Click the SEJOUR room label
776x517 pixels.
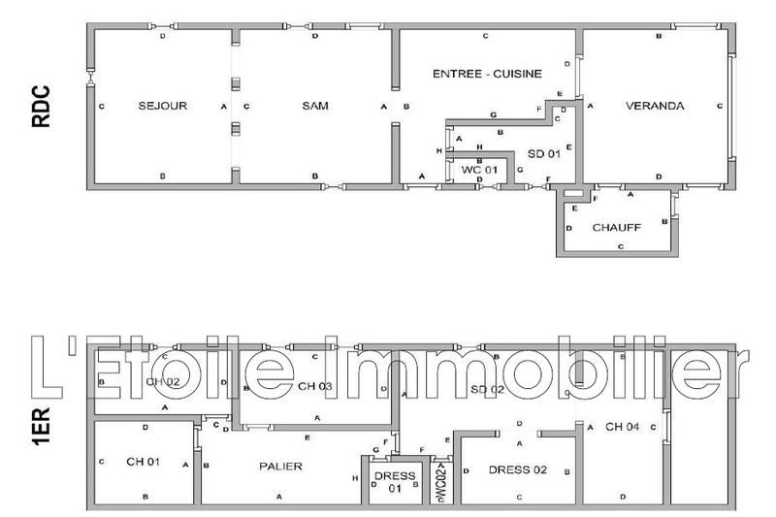(162, 106)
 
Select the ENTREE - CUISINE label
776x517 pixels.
(487, 74)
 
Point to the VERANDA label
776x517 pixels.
(655, 106)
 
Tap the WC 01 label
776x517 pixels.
(479, 170)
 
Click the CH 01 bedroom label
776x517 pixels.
(142, 462)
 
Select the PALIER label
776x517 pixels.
(281, 467)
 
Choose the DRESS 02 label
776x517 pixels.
(517, 470)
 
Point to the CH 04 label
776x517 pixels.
(622, 427)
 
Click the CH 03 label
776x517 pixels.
(316, 387)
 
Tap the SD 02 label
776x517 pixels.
(487, 388)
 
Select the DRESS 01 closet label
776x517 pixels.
(394, 482)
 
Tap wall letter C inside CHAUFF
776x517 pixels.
(620, 247)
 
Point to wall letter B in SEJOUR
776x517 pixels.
(162, 176)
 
